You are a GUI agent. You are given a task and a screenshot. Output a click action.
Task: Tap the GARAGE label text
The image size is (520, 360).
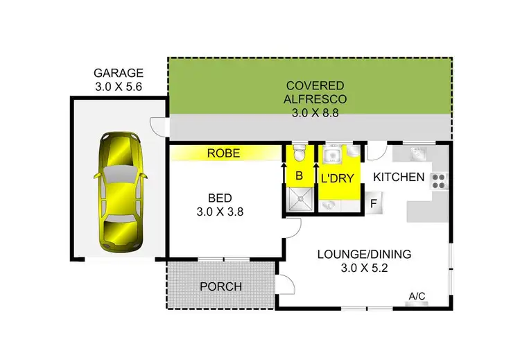pos(119,73)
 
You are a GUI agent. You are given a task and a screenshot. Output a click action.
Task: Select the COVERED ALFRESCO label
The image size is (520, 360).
pos(310,92)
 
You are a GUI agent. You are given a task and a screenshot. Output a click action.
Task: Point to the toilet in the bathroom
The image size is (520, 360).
pos(299,152)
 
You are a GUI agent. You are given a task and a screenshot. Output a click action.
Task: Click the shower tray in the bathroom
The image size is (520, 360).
pos(299,200)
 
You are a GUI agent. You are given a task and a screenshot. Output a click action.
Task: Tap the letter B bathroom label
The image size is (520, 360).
pos(299,176)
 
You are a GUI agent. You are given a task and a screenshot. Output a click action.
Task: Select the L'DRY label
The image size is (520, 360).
pos(337,178)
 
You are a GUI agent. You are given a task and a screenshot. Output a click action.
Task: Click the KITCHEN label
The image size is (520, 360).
pos(399,177)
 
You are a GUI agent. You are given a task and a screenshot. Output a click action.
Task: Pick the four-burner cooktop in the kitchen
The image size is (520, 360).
pos(440,181)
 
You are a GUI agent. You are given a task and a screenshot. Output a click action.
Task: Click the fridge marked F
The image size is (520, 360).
pos(373,204)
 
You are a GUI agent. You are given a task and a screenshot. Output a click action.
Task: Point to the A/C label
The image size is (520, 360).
pos(417,297)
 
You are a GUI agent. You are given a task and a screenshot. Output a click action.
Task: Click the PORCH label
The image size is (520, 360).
pos(220,286)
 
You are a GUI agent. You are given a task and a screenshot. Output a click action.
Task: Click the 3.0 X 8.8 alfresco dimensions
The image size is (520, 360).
pos(310,111)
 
